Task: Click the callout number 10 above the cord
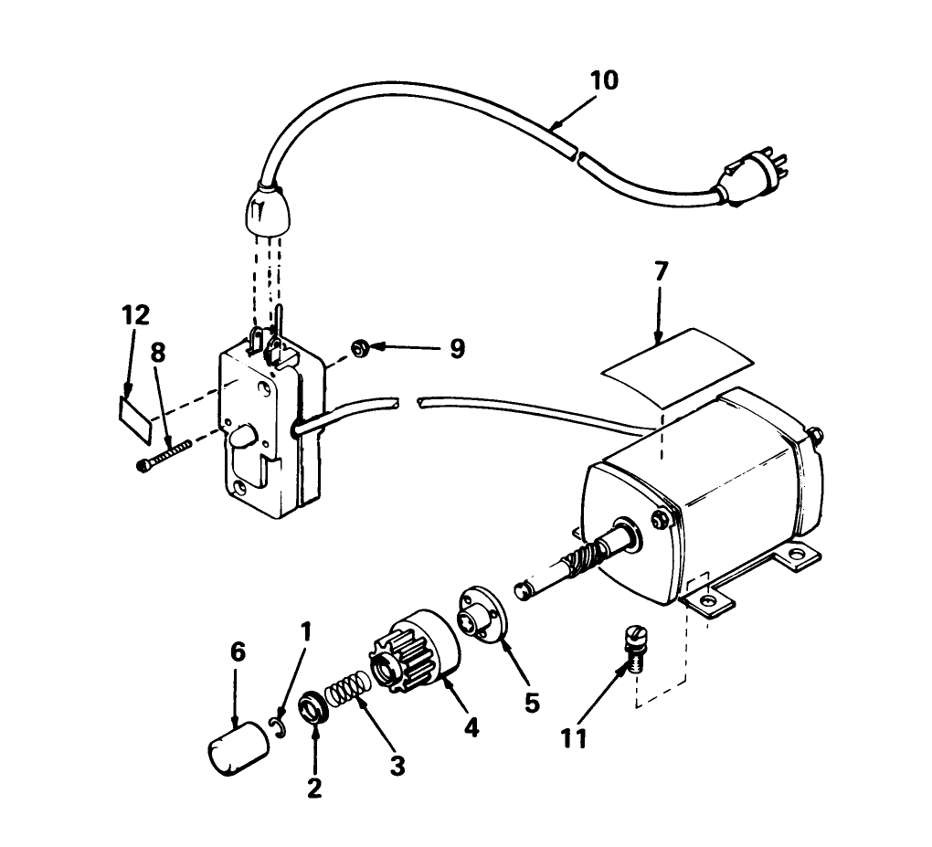603,79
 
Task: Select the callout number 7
661,271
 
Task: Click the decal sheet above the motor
675,365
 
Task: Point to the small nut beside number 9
361,347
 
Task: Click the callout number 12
134,315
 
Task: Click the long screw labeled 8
164,456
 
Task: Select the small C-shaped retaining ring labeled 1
280,726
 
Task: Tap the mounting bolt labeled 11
632,645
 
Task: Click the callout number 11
574,737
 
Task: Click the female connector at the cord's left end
263,208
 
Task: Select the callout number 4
471,726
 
